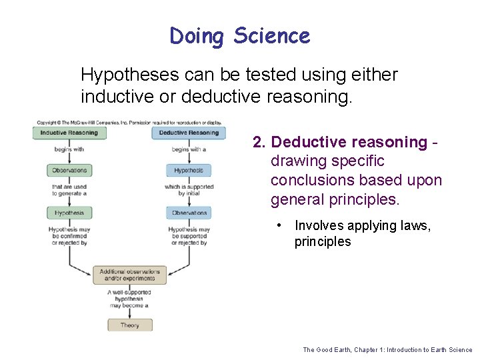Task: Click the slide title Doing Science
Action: [240, 35]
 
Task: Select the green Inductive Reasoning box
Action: [69, 133]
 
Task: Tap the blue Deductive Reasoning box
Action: [189, 133]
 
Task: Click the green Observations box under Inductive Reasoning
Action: [69, 171]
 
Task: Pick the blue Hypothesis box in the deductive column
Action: [189, 171]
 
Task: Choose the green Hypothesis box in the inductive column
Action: [69, 213]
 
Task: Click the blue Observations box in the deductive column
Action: [189, 213]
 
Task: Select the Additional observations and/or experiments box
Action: [129, 275]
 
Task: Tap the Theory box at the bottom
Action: [129, 325]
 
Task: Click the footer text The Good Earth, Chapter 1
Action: [387, 349]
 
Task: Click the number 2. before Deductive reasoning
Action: [259, 143]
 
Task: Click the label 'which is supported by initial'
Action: [189, 190]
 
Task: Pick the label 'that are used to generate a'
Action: [69, 190]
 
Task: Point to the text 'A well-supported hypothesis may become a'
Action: [129, 299]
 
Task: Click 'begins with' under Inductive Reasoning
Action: [69, 149]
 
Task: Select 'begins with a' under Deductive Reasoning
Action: [189, 149]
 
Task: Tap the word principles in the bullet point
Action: [323, 242]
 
